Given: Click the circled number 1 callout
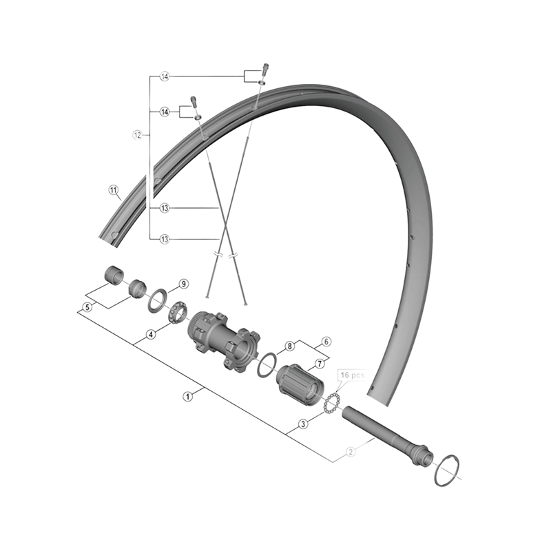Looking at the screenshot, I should [187, 397].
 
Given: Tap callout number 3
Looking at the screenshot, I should [303, 425].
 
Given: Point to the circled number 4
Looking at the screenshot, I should [150, 335].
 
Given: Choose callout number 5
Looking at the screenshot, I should [87, 307].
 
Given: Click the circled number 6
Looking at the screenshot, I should [326, 341].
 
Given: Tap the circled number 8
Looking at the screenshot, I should [290, 346].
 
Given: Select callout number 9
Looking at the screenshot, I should [183, 284].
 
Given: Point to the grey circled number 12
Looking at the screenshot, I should [137, 135].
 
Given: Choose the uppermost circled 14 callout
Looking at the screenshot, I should [164, 76].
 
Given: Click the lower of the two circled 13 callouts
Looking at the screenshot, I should [164, 239].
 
